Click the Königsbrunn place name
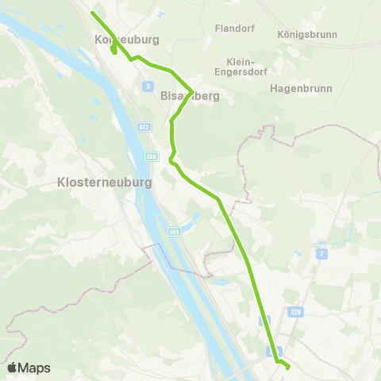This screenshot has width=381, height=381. click(x=308, y=35)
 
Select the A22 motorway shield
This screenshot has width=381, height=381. click(x=143, y=126)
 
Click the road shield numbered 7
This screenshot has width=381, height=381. click(x=321, y=253)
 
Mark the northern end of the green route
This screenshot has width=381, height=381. click(x=93, y=13)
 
